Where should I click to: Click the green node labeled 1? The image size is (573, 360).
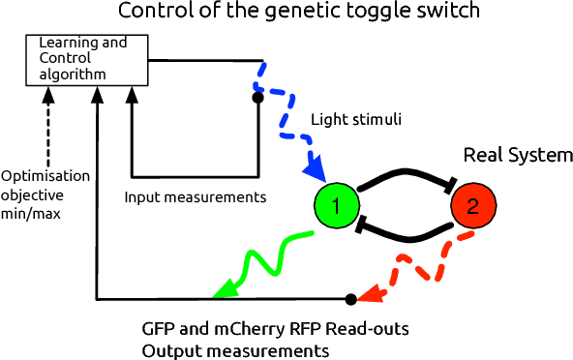pos(337,205)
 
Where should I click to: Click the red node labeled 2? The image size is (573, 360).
pos(472,205)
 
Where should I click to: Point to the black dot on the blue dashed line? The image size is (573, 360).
pos(257,98)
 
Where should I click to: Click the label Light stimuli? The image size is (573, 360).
pos(355,120)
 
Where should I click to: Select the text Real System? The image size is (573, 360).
pos(519,156)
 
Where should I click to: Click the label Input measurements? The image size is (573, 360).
pos(196,197)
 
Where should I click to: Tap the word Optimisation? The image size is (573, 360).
pos(45,175)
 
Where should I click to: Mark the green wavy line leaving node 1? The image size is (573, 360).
pos(266,257)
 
